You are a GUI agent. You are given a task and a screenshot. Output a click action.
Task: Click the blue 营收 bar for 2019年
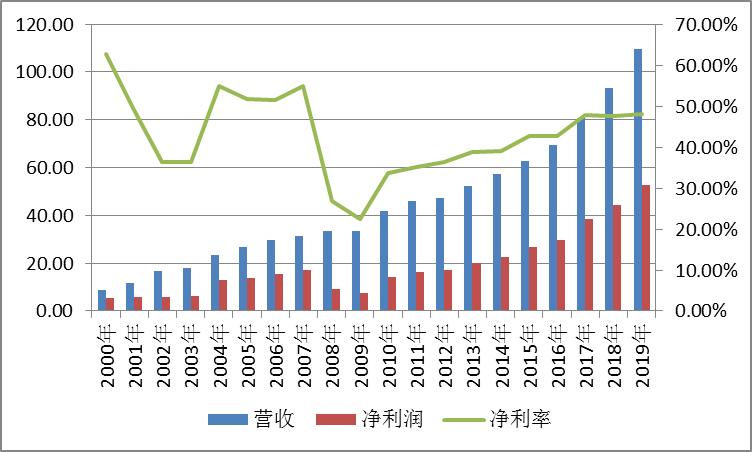pyautogui.click(x=637, y=180)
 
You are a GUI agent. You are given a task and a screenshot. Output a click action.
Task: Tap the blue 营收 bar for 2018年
pyautogui.click(x=609, y=200)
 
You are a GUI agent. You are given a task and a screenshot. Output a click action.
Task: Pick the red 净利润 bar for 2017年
pyautogui.click(x=589, y=265)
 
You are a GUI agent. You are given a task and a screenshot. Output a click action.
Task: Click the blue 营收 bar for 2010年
pyautogui.click(x=383, y=261)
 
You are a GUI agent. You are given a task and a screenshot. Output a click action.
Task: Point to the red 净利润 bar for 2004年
pyautogui.click(x=223, y=295)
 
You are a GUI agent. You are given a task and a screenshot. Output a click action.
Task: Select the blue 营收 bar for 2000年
pyautogui.click(x=101, y=300)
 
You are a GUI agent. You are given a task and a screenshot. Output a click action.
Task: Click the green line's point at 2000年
pyautogui.click(x=106, y=54)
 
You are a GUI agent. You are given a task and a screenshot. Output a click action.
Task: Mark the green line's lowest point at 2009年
pyautogui.click(x=360, y=219)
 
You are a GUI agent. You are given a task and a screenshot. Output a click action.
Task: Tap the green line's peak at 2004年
pyautogui.click(x=219, y=86)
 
